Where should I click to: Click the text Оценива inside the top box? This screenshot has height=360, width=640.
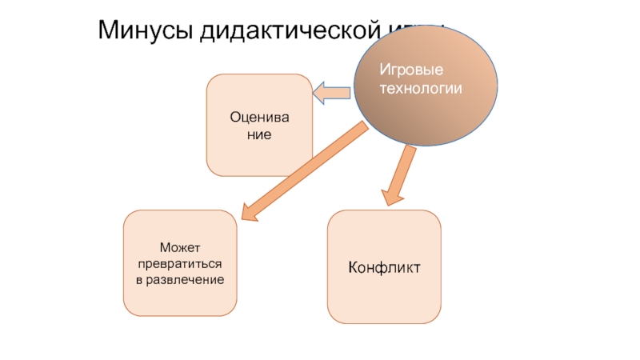pos(258,118)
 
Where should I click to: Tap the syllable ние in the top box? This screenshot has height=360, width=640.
pos(258,134)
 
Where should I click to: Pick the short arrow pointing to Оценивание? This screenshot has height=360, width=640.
pos(332,94)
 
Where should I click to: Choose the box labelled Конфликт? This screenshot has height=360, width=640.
pos(384,266)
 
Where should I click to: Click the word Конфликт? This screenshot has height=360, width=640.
pos(384,264)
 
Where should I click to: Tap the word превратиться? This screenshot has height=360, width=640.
pos(179,264)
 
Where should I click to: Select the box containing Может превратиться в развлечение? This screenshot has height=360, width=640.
pos(179,263)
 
